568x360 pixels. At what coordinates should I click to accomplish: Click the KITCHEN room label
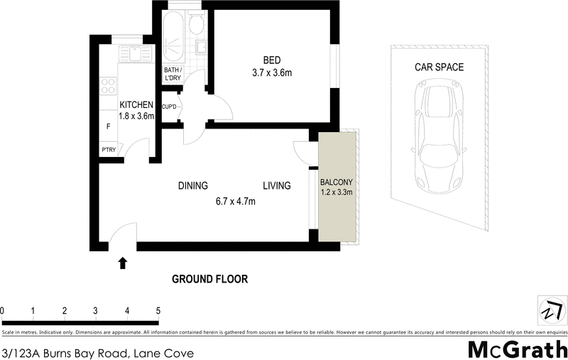[137, 106]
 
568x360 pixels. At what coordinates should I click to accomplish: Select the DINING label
[192, 186]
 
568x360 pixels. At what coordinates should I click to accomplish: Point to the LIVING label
[277, 186]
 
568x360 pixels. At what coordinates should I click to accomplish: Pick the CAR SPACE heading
[439, 67]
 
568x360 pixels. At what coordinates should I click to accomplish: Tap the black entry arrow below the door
[123, 263]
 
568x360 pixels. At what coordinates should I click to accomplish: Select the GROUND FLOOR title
[210, 279]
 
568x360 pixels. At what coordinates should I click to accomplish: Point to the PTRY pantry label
[109, 149]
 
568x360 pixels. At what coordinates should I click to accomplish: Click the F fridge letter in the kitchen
[108, 126]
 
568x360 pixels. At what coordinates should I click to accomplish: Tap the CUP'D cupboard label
[170, 107]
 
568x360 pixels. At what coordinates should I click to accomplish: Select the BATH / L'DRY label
[173, 74]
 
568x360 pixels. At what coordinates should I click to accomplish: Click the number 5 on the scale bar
[158, 311]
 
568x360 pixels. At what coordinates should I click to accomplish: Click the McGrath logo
[517, 349]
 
